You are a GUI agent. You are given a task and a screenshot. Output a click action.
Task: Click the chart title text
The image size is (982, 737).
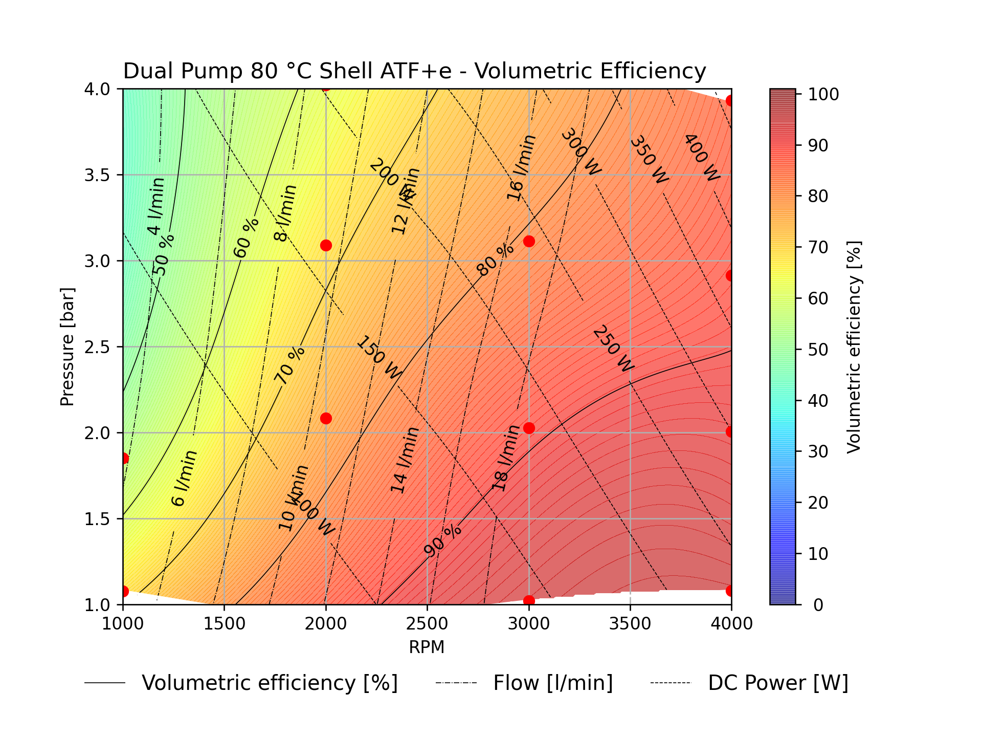(x=414, y=71)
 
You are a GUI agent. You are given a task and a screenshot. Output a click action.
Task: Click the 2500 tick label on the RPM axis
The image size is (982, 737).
(x=427, y=623)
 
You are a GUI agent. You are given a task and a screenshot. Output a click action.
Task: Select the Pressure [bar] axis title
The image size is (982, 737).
(x=68, y=347)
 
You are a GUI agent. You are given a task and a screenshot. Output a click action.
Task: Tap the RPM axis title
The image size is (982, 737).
(x=427, y=647)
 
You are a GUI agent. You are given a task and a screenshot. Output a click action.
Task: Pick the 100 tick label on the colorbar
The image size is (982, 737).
(x=823, y=95)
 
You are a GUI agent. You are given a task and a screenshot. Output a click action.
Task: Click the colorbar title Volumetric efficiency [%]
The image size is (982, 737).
(x=854, y=347)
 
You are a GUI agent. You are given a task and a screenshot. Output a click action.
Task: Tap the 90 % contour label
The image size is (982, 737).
(x=443, y=540)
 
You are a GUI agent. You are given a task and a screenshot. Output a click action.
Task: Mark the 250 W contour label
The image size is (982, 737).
(x=613, y=349)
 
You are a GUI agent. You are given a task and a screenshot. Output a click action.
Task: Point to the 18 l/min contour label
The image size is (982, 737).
(x=506, y=458)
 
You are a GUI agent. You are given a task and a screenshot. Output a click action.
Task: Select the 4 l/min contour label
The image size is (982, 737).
(x=156, y=206)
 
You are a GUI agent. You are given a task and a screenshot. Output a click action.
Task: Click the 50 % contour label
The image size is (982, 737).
(x=164, y=255)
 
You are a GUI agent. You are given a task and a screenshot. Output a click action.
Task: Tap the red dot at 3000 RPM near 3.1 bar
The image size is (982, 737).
(x=529, y=241)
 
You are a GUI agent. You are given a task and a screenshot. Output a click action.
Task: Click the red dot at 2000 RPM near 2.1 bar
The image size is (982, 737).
(x=326, y=419)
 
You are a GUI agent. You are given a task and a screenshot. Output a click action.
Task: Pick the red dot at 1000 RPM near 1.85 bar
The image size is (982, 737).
(x=123, y=458)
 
